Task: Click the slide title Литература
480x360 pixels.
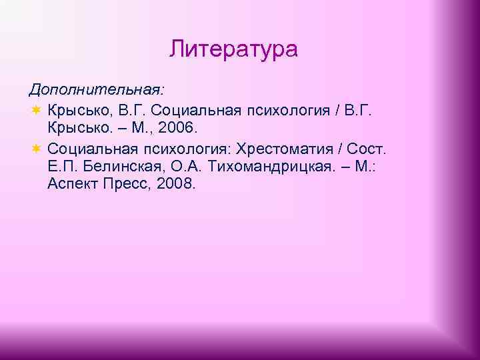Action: (x=233, y=49)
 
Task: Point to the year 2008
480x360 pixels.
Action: (x=175, y=184)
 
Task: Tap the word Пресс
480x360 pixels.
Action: (x=130, y=184)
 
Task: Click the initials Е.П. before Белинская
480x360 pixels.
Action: (x=64, y=165)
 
